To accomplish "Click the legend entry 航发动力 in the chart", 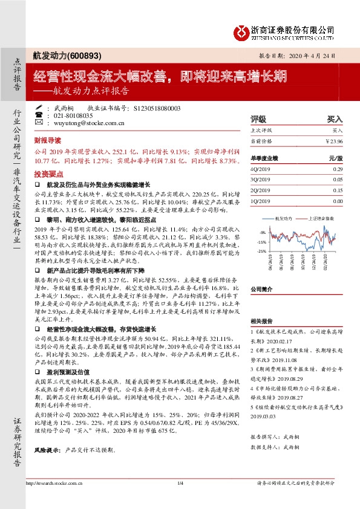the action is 285,218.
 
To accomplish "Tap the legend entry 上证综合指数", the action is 319,218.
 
